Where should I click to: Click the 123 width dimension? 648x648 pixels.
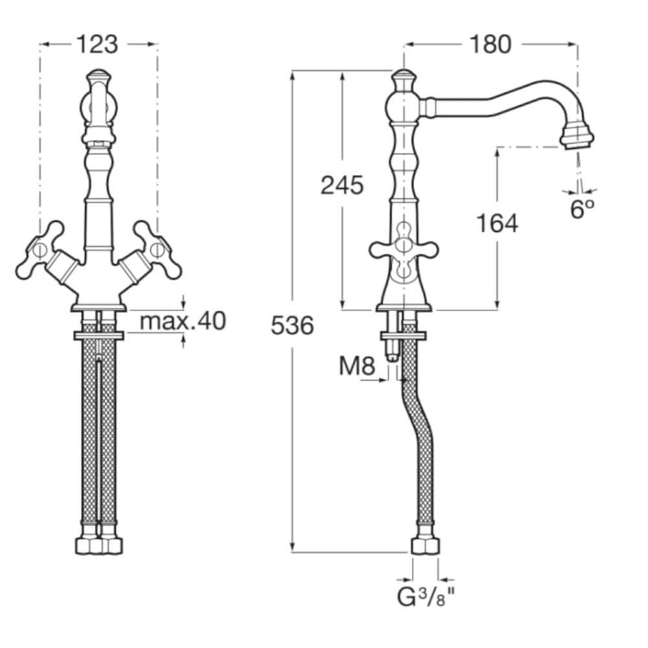pos(98,44)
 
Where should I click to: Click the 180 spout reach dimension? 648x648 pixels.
pos(491,44)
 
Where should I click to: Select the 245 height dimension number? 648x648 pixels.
pos(342,185)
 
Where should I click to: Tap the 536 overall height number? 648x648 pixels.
pos(292,325)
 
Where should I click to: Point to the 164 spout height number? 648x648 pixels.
pos(497,223)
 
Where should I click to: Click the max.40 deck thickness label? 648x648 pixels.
pos(183,321)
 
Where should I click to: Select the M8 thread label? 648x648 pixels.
pos(356,365)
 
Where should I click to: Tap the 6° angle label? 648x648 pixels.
pos(582,209)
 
